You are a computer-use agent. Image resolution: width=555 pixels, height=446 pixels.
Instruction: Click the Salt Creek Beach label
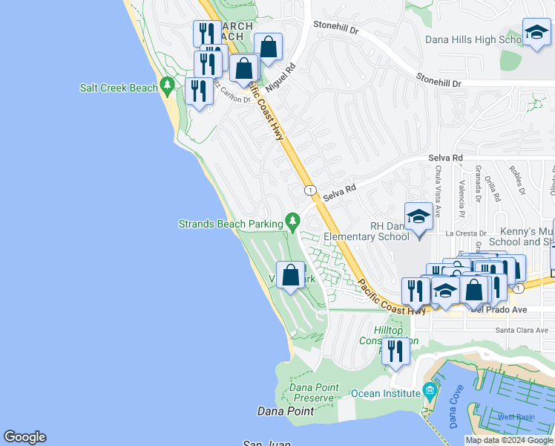click(x=119, y=88)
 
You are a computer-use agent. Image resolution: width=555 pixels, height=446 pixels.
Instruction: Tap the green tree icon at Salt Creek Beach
click(x=168, y=88)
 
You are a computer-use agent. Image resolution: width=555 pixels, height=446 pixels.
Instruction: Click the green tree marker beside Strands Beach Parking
click(x=293, y=222)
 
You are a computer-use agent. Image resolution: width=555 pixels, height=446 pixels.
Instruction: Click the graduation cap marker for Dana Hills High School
click(x=536, y=33)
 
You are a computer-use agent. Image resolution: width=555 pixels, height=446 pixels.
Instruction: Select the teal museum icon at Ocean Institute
click(x=430, y=391)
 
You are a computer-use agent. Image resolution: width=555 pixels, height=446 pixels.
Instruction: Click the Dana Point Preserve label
click(x=313, y=392)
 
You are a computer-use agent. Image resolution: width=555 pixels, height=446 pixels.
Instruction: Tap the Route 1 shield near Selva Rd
click(x=309, y=190)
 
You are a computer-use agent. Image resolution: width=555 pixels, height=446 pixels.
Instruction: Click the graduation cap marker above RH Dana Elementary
click(x=418, y=217)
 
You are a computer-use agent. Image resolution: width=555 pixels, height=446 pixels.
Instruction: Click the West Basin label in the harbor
click(x=515, y=416)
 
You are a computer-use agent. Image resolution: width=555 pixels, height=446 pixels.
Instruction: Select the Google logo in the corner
click(x=24, y=437)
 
